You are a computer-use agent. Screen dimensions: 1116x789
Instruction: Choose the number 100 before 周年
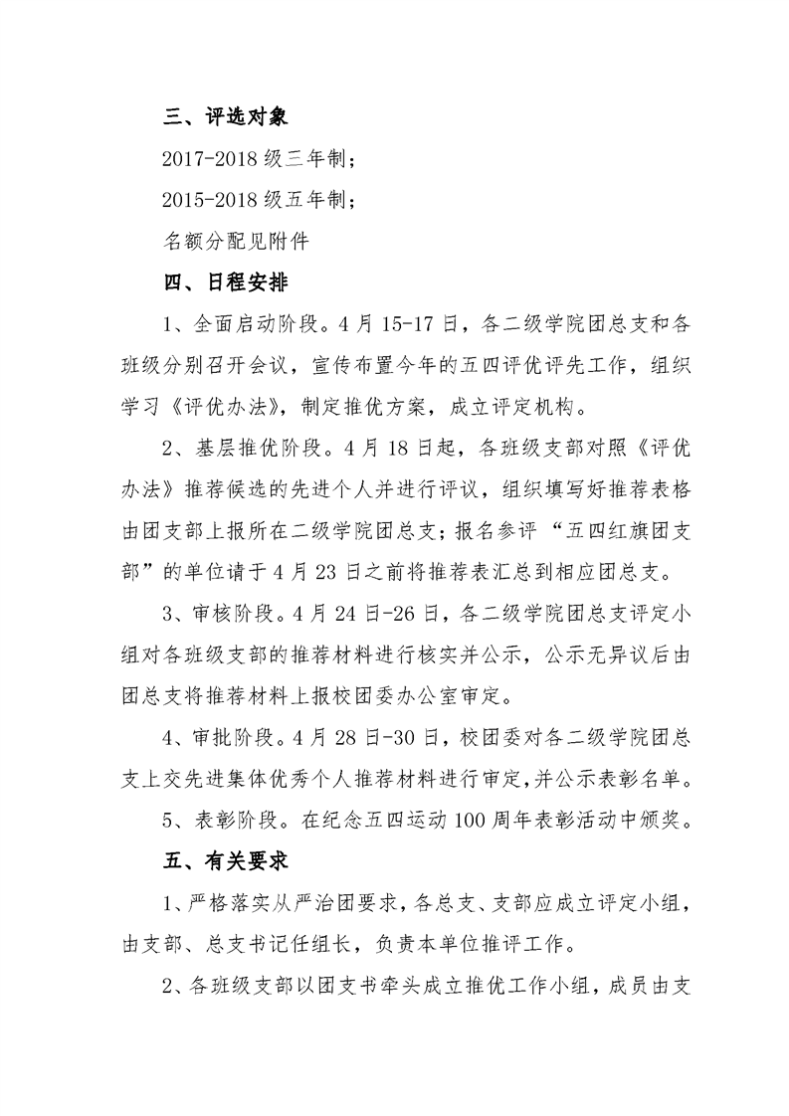tap(472, 818)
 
